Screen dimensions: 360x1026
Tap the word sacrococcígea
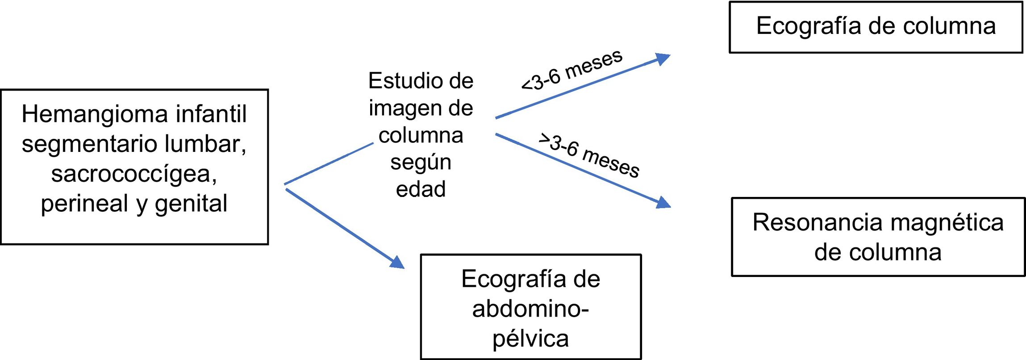pos(134,174)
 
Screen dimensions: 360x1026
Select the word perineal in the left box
pos(84,203)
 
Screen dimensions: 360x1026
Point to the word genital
pos(191,204)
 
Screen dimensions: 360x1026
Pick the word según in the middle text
pos(421,163)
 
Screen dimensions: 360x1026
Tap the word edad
pos(421,189)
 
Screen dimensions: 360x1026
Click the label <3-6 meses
pos(572,70)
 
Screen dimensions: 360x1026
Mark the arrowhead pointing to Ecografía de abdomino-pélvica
pos(396,262)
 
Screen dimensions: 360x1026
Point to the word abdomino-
pos(530,309)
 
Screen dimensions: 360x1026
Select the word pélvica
pos(530,338)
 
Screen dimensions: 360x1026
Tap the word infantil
pos(211,114)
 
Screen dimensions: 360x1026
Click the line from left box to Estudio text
pos(329,163)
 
